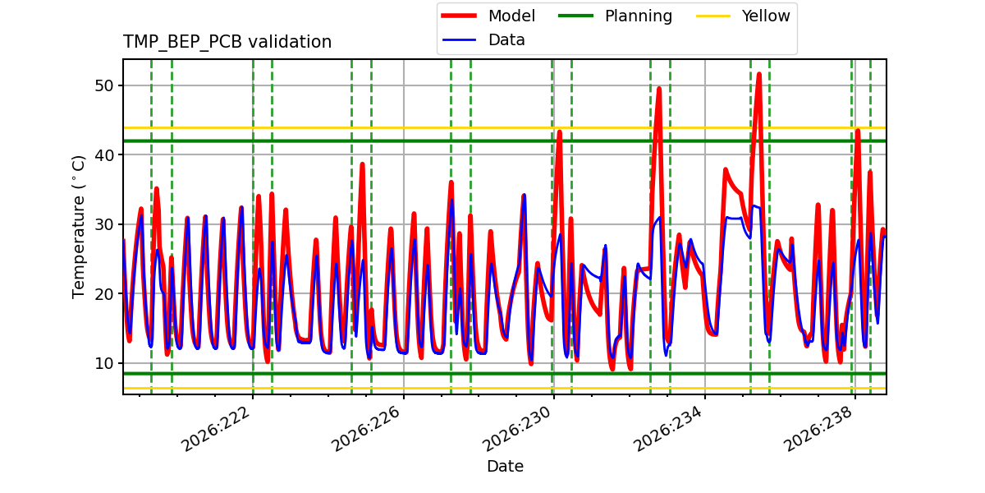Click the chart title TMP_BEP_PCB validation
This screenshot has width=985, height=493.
coord(227,42)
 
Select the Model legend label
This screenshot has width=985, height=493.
coord(511,16)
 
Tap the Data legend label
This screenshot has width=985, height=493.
coord(506,40)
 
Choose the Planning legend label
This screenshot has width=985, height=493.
coord(639,16)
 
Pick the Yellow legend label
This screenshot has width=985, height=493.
coord(766,16)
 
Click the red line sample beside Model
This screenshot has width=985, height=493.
coord(459,16)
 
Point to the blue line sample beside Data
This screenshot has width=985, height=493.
coord(459,40)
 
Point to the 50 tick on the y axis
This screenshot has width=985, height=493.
coord(104,85)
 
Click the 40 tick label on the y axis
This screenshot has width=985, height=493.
coord(104,155)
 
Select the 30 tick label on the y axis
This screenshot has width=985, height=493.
coord(104,224)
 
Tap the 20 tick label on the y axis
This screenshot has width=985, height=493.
coord(104,293)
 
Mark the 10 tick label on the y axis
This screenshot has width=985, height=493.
coord(104,363)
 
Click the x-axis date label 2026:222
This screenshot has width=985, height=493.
coord(216,429)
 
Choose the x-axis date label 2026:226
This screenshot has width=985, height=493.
coord(366,429)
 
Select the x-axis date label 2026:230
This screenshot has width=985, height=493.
coord(516,429)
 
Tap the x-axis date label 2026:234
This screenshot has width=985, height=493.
coord(667,429)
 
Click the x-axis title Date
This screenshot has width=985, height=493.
coord(505,466)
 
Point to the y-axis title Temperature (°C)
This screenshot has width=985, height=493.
coord(78,227)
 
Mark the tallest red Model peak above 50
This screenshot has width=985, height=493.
coord(759,75)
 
